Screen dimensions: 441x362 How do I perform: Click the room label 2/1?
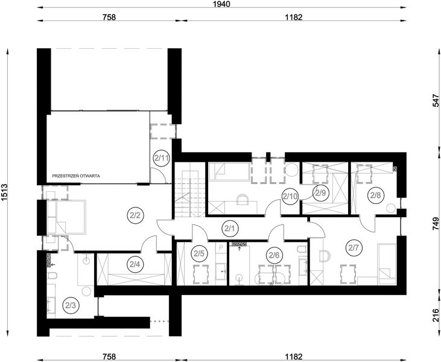pos(230,229)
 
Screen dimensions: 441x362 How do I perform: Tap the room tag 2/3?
pos(71,305)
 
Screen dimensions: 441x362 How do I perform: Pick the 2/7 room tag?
pos(354,248)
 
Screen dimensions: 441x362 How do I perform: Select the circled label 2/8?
pos(375,195)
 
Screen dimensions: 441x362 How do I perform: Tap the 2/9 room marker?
pos(320,193)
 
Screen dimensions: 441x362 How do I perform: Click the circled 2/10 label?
pos(290,196)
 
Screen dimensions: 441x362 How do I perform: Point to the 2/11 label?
pos(161,158)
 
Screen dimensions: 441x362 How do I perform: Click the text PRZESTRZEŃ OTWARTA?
pos(76,176)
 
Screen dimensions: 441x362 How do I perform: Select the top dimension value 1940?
pos(222,4)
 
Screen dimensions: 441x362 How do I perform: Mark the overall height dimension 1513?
pos(4,193)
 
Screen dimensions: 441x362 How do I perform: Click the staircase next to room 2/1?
pos(190,189)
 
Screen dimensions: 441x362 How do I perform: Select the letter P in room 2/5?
pos(221,247)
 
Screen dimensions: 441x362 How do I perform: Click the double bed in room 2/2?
pos(66,217)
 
